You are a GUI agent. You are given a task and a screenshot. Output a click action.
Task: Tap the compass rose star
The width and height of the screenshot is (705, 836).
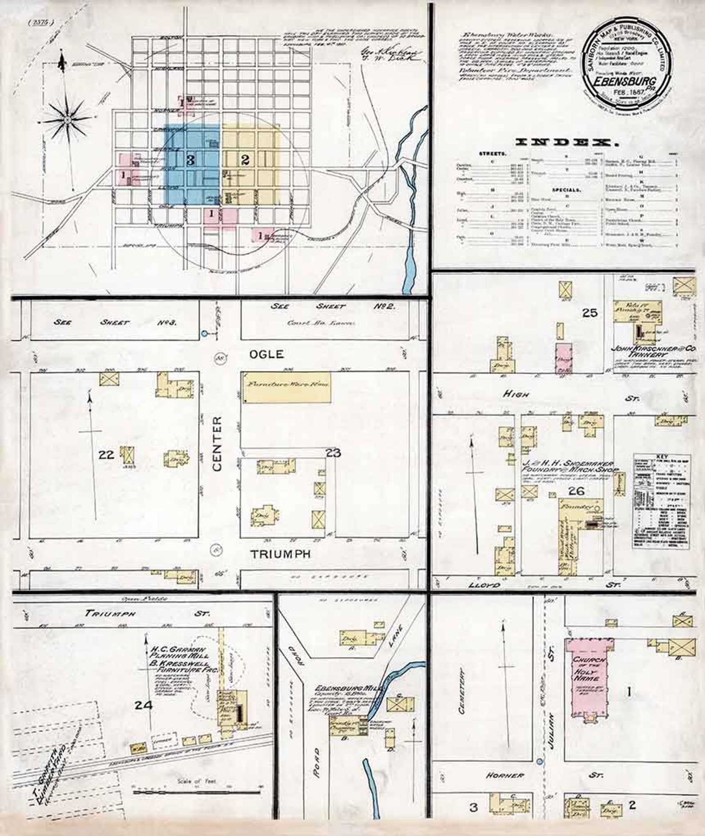click(66, 119)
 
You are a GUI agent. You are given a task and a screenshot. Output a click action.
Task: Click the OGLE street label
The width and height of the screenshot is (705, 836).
click(266, 354)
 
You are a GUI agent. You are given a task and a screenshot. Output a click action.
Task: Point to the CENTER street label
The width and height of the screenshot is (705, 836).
click(217, 444)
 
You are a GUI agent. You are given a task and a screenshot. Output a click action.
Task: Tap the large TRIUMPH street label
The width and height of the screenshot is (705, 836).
click(280, 554)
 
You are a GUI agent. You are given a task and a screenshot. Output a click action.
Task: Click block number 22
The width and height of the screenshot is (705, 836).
click(107, 454)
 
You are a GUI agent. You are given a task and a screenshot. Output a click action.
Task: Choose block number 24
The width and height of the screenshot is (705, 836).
click(144, 705)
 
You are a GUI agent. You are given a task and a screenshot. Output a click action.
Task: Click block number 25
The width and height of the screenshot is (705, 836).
click(590, 313)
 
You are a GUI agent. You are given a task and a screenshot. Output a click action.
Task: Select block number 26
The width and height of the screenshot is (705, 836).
click(576, 491)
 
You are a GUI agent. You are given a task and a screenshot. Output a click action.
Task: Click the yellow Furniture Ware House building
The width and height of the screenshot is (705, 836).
click(286, 388)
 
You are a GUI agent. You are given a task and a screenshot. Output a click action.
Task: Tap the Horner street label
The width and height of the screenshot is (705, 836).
click(505, 775)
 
